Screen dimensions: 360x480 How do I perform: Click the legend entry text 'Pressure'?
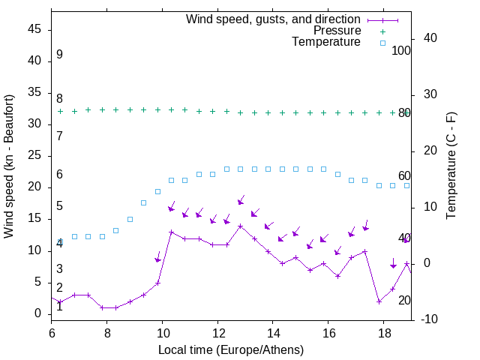[337, 31]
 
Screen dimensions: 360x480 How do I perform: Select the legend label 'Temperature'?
[326, 42]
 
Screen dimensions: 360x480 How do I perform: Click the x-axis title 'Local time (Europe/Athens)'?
[231, 350]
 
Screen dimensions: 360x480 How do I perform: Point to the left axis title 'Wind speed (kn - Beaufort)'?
[9, 166]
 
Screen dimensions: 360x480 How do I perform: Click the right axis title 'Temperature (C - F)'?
[451, 166]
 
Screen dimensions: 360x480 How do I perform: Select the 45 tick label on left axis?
[35, 29]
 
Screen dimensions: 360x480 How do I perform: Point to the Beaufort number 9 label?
[59, 55]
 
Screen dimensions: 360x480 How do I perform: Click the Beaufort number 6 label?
[59, 175]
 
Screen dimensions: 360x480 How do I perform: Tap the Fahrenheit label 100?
[401, 51]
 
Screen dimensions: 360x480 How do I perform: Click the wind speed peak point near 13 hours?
[241, 226]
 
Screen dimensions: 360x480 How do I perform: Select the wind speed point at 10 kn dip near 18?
[379, 301]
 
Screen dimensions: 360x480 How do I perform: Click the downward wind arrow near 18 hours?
[393, 263]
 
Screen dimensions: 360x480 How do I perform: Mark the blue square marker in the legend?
[382, 43]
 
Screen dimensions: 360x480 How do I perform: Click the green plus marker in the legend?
[382, 31]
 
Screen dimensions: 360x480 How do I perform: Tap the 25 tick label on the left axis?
[35, 156]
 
